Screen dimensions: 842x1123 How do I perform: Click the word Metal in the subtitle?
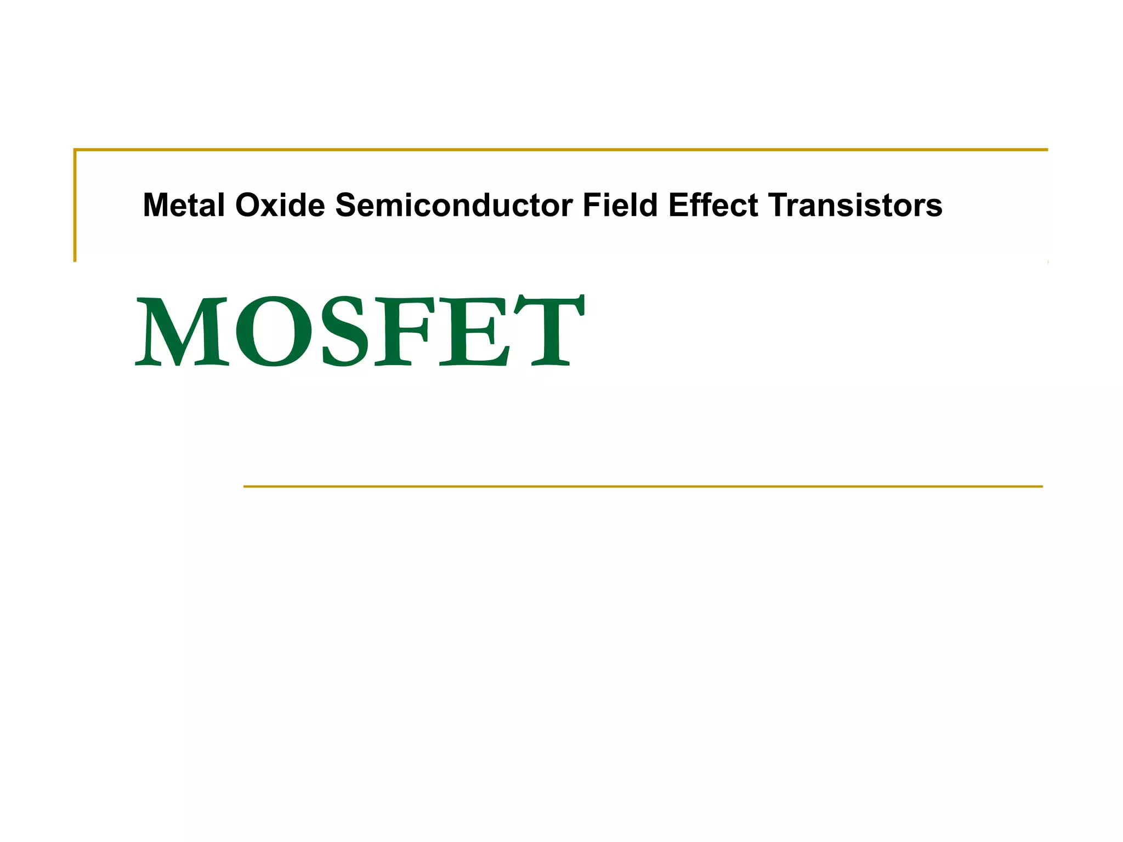(x=184, y=206)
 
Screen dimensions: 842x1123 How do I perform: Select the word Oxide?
(x=280, y=206)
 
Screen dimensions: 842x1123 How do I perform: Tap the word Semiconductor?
(x=454, y=206)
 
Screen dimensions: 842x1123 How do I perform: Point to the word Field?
(x=620, y=206)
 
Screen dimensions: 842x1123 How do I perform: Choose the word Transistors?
(x=855, y=206)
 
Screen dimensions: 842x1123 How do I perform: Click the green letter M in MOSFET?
(x=182, y=331)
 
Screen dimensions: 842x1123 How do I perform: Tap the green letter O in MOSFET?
(x=274, y=331)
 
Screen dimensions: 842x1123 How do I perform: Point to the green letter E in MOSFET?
(x=475, y=331)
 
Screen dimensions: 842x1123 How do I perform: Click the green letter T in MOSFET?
(x=548, y=331)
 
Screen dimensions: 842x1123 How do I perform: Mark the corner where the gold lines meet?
(x=75, y=150)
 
